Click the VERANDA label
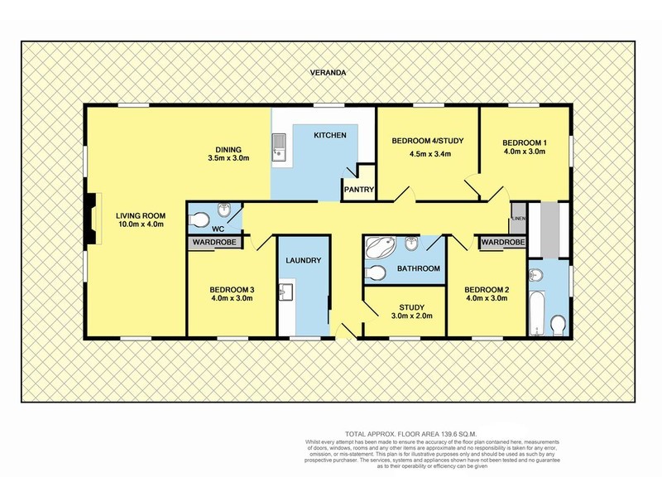coord(328,73)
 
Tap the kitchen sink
coord(279,148)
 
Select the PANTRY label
coord(359,190)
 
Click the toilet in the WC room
coord(198,220)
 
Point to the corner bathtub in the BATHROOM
coord(380,247)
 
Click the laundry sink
coord(285,292)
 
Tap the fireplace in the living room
coord(93,218)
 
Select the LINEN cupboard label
coord(519,219)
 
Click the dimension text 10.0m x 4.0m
coord(140,224)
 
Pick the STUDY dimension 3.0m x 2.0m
coord(411,316)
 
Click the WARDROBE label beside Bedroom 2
coord(503,243)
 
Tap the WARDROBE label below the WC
coord(215,243)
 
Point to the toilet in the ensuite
coord(558,325)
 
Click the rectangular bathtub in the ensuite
coord(537,313)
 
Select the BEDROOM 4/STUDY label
coord(428,141)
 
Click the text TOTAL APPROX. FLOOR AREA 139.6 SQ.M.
coord(410,433)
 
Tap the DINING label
coord(228,150)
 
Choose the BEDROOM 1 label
coord(524,142)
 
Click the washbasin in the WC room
coord(223,210)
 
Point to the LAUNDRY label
coord(303,260)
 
